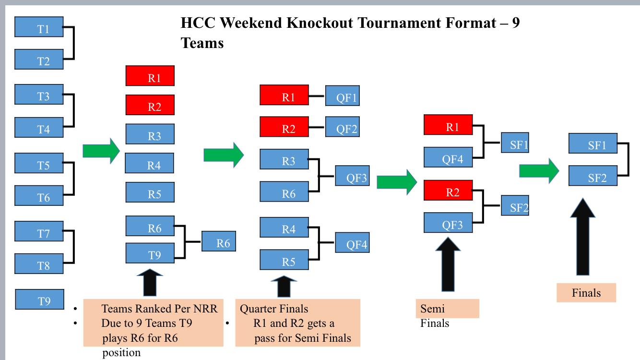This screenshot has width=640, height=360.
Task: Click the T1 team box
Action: click(x=39, y=27)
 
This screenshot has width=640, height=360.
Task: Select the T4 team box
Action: click(x=39, y=127)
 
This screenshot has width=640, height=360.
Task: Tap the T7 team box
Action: click(x=39, y=231)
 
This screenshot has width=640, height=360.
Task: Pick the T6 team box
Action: click(x=39, y=195)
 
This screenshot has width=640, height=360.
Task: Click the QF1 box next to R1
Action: click(x=342, y=96)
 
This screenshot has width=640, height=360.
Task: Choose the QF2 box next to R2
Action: click(x=342, y=127)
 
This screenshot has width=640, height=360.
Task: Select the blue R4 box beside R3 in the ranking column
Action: click(x=149, y=163)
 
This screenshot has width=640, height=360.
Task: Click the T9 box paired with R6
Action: click(x=150, y=253)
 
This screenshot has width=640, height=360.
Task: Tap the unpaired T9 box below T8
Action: click(x=40, y=300)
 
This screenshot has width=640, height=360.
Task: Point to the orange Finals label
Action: click(x=586, y=293)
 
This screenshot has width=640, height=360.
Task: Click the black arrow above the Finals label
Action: click(x=582, y=237)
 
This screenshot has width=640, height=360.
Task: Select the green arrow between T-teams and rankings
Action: click(x=101, y=151)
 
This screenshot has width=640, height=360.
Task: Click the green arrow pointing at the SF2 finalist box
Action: click(x=539, y=171)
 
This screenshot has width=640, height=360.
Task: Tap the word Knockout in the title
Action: click(x=320, y=23)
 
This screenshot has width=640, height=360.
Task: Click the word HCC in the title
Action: click(x=198, y=23)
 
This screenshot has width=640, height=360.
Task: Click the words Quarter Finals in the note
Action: click(x=274, y=309)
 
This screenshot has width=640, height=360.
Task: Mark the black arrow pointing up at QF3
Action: click(x=448, y=264)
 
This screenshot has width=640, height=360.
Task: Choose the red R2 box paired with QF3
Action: click(x=448, y=190)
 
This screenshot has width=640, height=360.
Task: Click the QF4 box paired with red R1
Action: click(x=448, y=157)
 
